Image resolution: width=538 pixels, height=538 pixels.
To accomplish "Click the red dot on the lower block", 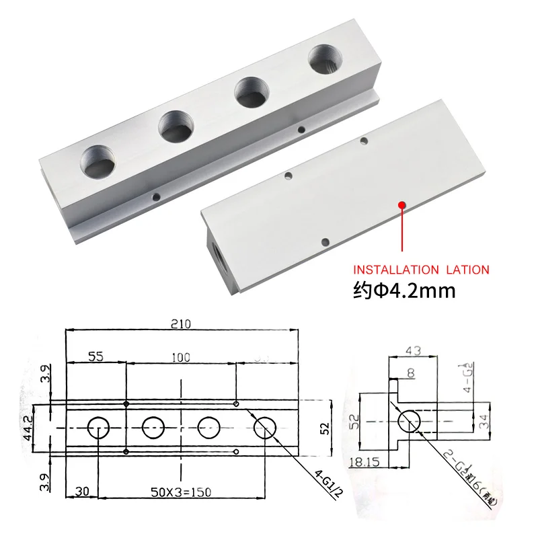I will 401,204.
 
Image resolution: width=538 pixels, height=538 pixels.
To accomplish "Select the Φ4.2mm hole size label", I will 403,291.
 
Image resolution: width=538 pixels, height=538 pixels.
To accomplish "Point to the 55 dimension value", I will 97,358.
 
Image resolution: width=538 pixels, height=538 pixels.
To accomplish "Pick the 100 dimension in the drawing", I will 180,358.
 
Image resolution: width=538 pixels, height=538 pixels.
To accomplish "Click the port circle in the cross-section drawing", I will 411,422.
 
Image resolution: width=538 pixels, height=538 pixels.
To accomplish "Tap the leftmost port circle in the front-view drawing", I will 100,427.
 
